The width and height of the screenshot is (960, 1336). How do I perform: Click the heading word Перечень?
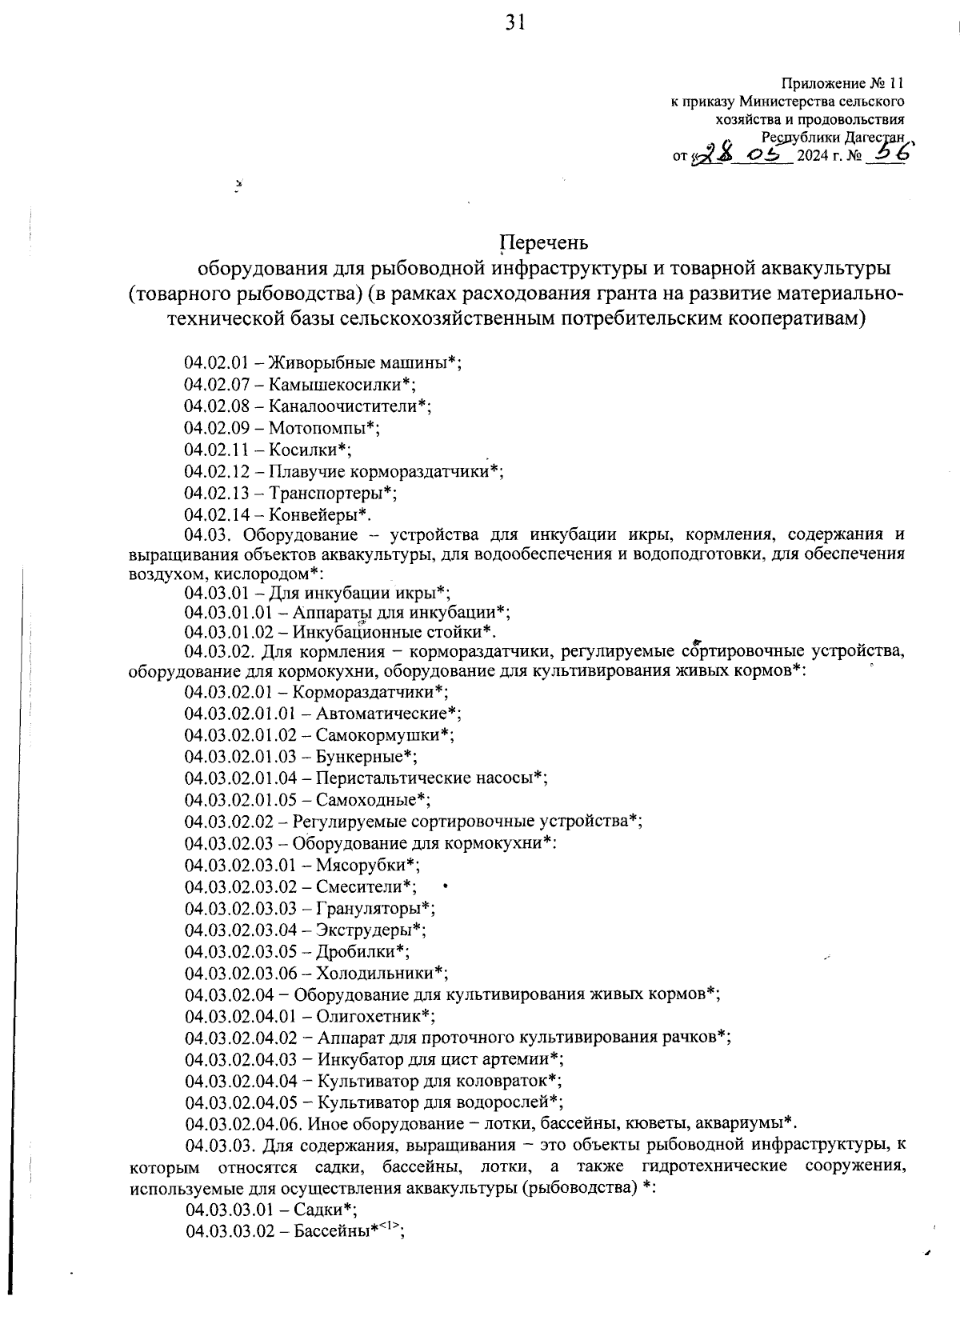(x=544, y=242)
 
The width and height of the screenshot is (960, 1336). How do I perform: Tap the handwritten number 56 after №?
(x=890, y=154)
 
